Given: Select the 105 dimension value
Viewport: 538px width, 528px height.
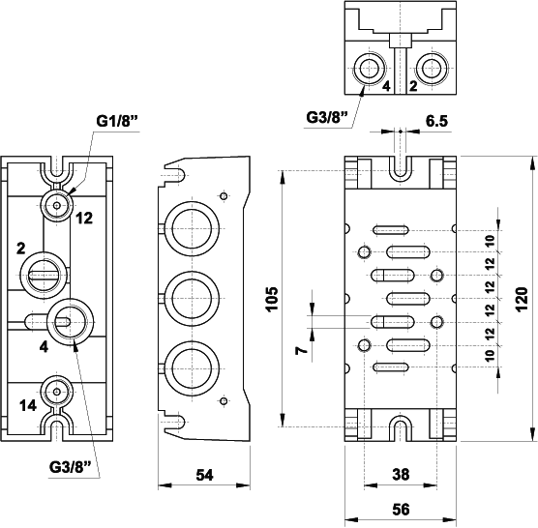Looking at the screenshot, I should click(272, 300).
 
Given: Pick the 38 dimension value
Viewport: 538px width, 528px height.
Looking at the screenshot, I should click(399, 474).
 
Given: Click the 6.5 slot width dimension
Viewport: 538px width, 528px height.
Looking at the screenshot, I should click(435, 122).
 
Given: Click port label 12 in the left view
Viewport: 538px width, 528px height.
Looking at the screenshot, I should click(84, 218).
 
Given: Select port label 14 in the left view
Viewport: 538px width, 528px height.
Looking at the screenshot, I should click(28, 405).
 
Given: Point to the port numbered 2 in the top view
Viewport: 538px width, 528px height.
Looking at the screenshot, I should click(428, 69).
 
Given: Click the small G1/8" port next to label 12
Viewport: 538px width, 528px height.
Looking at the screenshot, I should click(58, 204).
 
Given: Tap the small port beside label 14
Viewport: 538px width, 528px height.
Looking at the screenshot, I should click(58, 392).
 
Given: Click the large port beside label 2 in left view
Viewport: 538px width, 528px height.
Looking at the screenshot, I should click(45, 268).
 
